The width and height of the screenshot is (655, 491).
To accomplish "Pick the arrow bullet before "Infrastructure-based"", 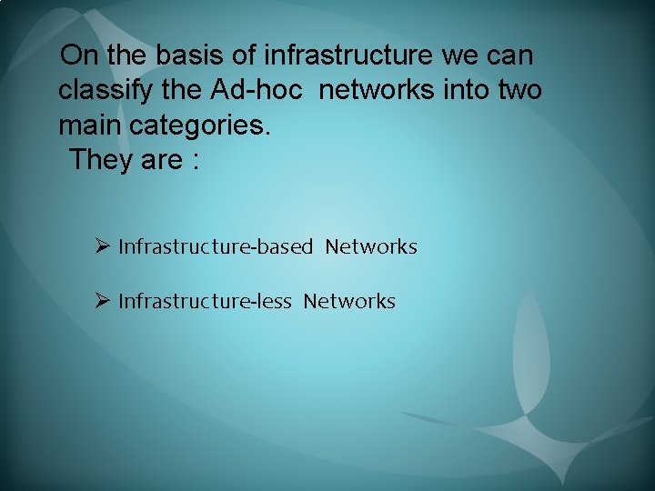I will tap(103, 246).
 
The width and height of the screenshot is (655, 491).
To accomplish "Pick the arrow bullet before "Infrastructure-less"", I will tap(103, 301).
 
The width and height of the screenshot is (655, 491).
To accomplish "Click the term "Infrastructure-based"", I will tap(216, 246).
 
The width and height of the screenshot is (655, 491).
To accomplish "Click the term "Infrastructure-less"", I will tap(205, 301).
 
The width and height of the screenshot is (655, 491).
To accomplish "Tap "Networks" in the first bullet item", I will tap(371, 246).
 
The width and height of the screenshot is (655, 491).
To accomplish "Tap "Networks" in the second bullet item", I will tap(349, 301).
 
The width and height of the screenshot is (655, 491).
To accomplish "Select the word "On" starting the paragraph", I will tap(80, 56).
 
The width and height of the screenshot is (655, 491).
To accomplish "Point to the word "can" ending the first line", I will tap(511, 56).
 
